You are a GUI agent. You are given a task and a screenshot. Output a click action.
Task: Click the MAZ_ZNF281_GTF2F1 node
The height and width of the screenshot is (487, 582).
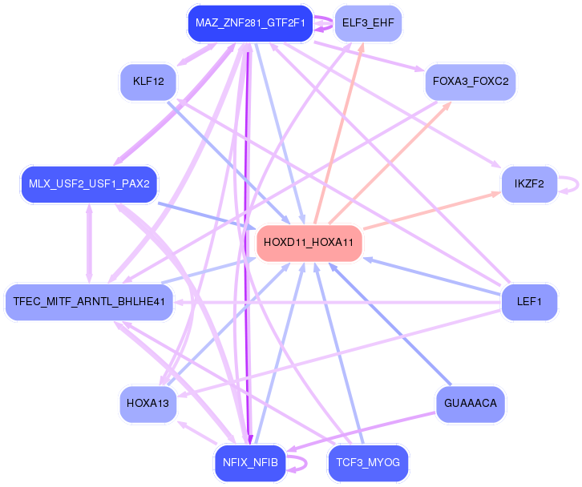coord(249,23)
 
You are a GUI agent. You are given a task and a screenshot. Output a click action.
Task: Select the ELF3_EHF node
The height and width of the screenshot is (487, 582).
coord(367,23)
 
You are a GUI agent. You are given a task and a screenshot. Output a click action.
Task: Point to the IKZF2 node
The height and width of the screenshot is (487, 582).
coord(528,184)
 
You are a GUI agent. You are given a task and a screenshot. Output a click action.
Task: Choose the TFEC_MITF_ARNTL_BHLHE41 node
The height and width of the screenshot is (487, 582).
coord(89,302)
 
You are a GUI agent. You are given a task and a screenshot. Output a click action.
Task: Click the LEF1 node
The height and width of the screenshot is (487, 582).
coord(529,302)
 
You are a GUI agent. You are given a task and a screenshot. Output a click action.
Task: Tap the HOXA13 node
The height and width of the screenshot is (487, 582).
coord(148,404)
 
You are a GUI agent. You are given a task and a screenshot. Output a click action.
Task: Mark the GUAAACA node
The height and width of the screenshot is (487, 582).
coord(471,404)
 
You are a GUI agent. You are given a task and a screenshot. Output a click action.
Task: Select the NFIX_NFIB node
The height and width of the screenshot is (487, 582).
coord(249,463)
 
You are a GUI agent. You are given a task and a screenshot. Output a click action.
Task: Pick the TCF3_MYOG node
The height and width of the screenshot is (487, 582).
coord(368,463)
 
